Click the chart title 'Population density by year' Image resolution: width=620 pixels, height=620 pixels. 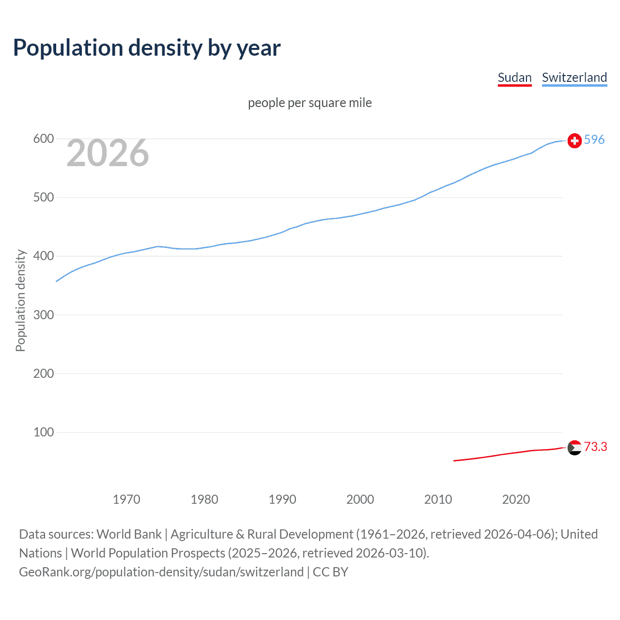[x=147, y=47]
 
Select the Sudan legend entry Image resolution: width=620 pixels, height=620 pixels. [x=514, y=77]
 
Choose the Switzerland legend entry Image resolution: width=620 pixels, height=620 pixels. [x=574, y=77]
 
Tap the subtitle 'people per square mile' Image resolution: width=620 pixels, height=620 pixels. [x=310, y=103]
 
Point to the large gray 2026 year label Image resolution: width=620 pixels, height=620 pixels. [x=108, y=153]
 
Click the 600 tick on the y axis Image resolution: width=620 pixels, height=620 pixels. [x=43, y=139]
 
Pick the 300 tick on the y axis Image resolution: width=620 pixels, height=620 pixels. [x=43, y=315]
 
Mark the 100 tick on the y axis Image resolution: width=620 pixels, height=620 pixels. [x=43, y=432]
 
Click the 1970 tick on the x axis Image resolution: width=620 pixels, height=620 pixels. [x=126, y=499]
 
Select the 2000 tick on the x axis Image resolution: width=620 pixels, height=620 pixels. [x=360, y=499]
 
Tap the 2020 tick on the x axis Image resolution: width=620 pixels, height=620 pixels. [x=516, y=499]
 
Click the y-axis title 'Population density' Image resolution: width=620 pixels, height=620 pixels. [x=20, y=300]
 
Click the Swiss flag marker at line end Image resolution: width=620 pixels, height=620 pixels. [x=574, y=140]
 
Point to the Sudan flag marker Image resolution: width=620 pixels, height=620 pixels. [x=574, y=448]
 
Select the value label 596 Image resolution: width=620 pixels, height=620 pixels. [x=594, y=139]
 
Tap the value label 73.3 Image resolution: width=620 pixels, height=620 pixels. [x=595, y=447]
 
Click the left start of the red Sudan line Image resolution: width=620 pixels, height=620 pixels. [x=454, y=461]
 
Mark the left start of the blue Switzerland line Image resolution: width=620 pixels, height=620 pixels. [x=57, y=281]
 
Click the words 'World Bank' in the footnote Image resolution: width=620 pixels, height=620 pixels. [x=129, y=534]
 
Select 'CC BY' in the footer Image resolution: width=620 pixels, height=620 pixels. [x=330, y=572]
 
